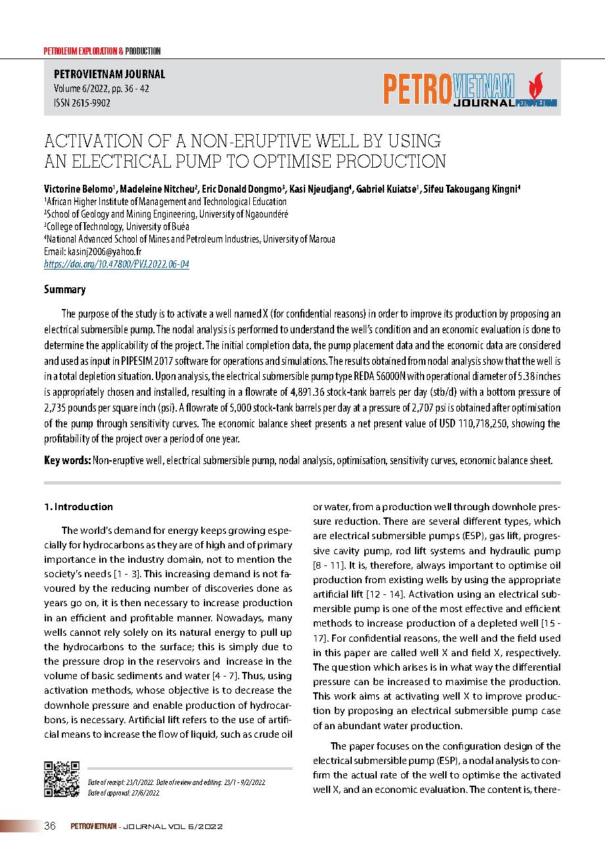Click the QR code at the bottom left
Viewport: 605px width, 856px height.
point(62,780)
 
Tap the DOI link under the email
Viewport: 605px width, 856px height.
point(116,264)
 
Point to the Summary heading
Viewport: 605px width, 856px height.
point(64,290)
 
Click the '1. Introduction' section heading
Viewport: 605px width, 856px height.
point(78,507)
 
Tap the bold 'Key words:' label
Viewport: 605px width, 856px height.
point(68,461)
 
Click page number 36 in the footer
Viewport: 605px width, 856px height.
point(50,826)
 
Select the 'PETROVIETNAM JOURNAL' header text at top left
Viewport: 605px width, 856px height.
point(105,75)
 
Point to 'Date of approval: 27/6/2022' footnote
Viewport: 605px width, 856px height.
point(124,794)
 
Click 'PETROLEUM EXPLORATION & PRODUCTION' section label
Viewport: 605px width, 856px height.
point(102,51)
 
